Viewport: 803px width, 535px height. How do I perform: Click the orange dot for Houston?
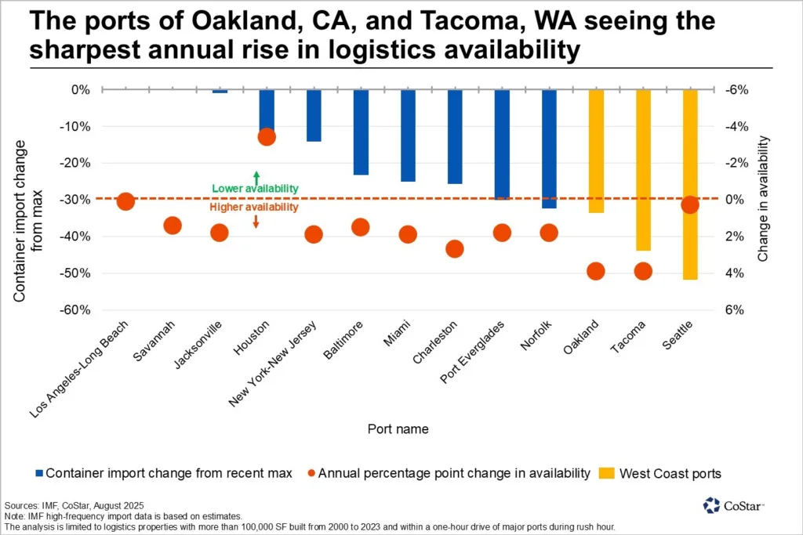pos(267,136)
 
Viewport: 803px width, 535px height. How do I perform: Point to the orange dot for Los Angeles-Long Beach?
pos(125,201)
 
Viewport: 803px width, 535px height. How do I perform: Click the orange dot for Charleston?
pos(455,248)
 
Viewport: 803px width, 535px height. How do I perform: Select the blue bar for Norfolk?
pos(549,148)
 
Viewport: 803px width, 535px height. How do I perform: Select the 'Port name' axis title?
pos(398,428)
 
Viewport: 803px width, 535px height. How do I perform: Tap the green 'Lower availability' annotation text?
pos(255,189)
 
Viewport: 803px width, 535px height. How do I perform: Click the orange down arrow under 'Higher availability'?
pos(256,222)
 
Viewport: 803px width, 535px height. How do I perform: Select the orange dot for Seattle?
pos(690,205)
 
